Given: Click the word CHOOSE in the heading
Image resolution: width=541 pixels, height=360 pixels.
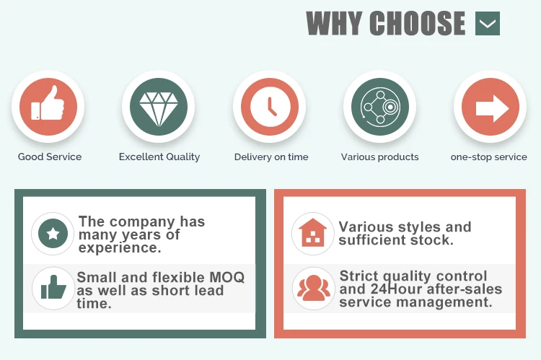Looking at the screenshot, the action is (418, 23).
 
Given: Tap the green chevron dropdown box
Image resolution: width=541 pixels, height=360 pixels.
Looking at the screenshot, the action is (488, 23).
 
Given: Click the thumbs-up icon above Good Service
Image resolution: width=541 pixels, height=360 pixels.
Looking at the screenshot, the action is (48, 104).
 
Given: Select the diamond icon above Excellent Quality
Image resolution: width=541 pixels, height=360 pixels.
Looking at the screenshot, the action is (159, 109).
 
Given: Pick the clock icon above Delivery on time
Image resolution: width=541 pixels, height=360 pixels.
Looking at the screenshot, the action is (270, 106).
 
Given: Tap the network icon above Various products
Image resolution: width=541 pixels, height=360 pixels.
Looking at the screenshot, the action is (380, 106).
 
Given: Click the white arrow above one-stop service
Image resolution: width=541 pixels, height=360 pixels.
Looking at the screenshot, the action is (492, 108).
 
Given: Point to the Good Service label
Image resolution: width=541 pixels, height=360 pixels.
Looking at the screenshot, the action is (50, 157).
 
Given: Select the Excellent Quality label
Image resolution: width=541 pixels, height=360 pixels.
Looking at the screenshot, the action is (159, 157).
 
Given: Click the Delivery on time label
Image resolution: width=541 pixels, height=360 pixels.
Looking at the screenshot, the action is (271, 157).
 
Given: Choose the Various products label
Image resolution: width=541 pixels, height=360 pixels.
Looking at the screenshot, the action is (380, 157).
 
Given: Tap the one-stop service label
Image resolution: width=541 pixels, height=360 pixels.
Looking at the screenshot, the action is (489, 157).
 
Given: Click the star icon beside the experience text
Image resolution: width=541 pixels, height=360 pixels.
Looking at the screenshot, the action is (53, 233).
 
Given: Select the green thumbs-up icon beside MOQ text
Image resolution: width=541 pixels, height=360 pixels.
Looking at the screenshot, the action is (53, 287).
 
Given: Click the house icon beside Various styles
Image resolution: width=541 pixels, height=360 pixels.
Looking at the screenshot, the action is (312, 232).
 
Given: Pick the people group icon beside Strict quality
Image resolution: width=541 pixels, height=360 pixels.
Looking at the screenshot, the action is (313, 288).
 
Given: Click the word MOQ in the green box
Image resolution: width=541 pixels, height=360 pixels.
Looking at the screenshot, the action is (227, 278).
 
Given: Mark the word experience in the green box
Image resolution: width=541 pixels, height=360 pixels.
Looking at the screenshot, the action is (120, 248).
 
